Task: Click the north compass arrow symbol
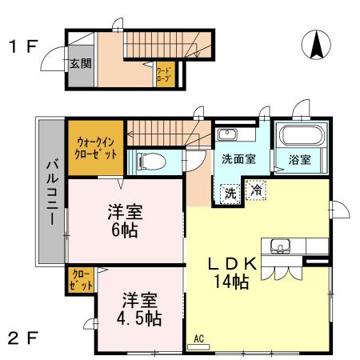[x=316, y=44]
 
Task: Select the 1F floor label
[x=22, y=45]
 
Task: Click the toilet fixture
[x=150, y=161]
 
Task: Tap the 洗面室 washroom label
[x=238, y=159]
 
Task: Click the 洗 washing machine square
[x=230, y=192]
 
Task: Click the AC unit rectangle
[x=199, y=345]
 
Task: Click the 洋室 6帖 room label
[x=126, y=222]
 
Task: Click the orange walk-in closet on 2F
[x=95, y=147]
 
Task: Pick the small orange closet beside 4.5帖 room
[x=80, y=280]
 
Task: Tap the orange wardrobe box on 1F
[x=165, y=76]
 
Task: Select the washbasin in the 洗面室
[x=227, y=134]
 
